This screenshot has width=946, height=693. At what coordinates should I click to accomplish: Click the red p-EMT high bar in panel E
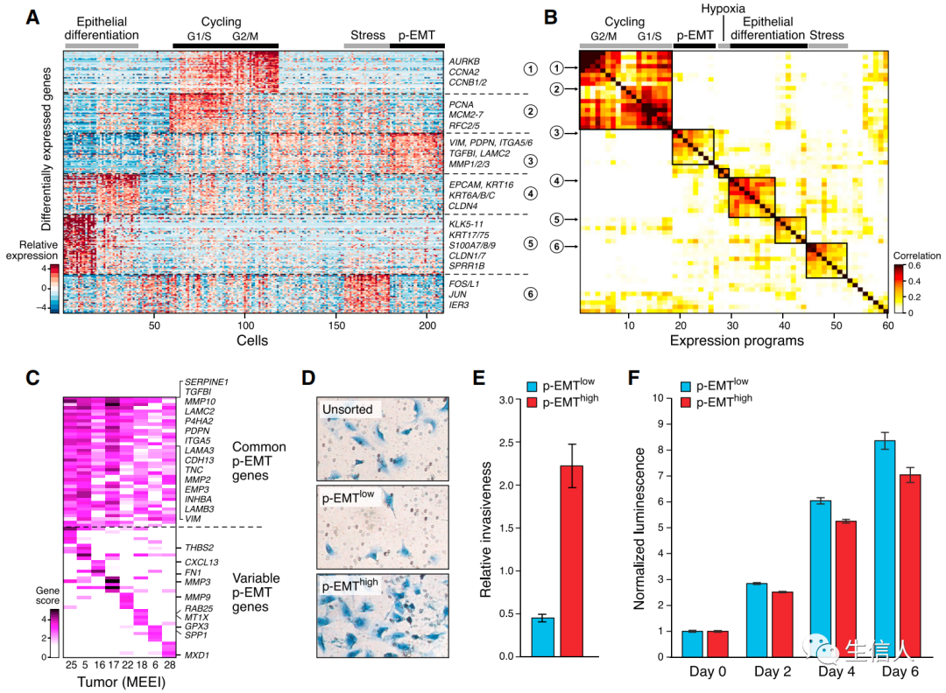(x=571, y=560)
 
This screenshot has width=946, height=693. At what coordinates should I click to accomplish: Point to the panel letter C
(x=32, y=378)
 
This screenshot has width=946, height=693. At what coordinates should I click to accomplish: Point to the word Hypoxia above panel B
(x=724, y=8)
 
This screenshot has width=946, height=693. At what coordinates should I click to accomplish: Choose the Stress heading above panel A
(x=368, y=36)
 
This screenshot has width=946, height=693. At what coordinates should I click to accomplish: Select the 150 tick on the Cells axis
(x=336, y=324)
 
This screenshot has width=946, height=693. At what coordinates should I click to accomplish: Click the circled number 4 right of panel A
(x=530, y=192)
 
